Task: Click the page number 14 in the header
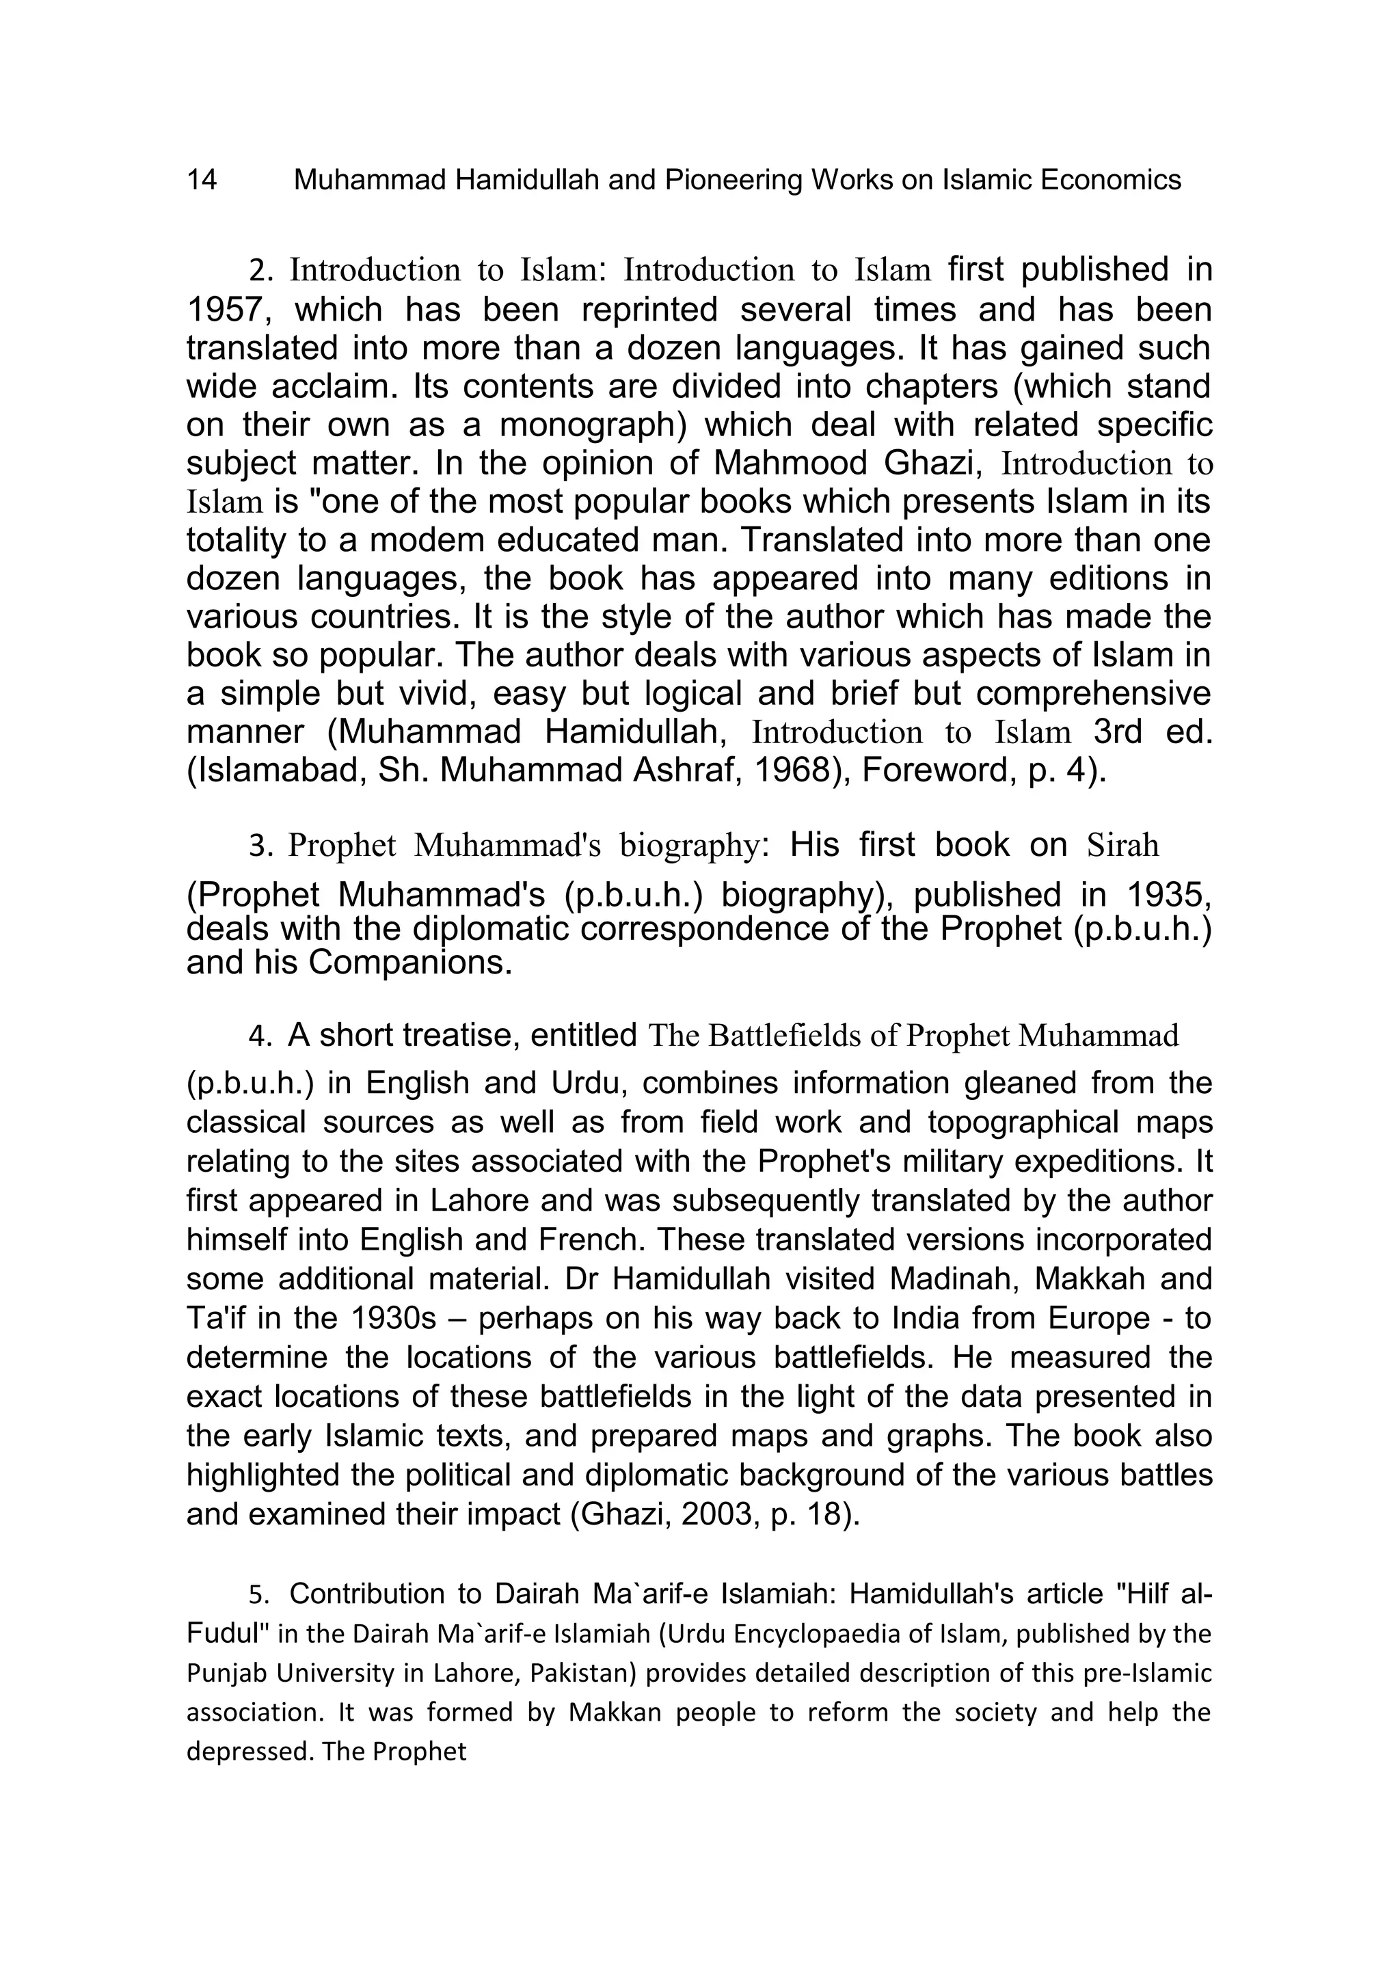pos(202,180)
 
